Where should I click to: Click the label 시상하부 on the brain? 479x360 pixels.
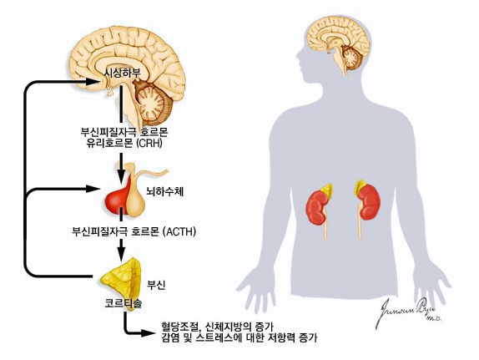pyautogui.click(x=123, y=74)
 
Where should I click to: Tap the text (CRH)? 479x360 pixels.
pyautogui.click(x=149, y=143)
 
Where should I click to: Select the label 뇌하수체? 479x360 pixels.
pyautogui.click(x=165, y=191)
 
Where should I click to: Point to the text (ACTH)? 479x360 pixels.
pyautogui.click(x=179, y=231)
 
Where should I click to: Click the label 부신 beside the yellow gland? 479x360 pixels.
pyautogui.click(x=156, y=285)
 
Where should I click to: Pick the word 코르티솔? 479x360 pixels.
pyautogui.click(x=124, y=303)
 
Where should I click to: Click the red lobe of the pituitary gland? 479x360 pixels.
pyautogui.click(x=118, y=199)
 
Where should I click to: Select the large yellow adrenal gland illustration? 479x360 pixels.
pyautogui.click(x=121, y=283)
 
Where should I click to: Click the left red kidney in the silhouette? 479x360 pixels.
pyautogui.click(x=318, y=208)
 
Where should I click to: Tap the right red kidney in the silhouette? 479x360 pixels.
pyautogui.click(x=369, y=202)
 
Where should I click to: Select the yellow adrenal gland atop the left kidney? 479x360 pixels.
pyautogui.click(x=327, y=190)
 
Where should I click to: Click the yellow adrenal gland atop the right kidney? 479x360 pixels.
pyautogui.click(x=361, y=187)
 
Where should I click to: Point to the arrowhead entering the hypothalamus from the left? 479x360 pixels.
pyautogui.click(x=93, y=82)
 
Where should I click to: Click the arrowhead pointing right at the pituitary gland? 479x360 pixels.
pyautogui.click(x=93, y=189)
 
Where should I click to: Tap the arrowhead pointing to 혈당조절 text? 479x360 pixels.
pyautogui.click(x=147, y=333)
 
